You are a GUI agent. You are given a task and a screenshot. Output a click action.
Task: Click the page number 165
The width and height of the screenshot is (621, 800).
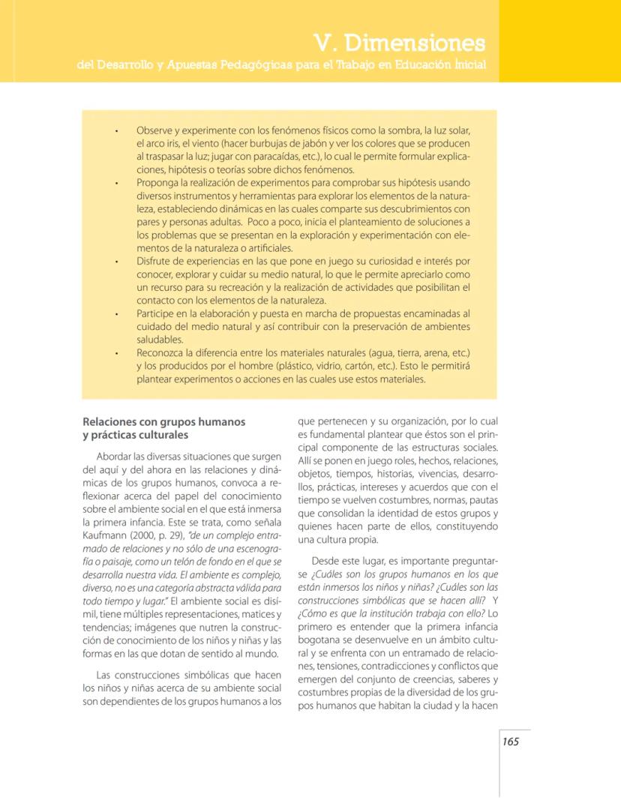[x=511, y=742]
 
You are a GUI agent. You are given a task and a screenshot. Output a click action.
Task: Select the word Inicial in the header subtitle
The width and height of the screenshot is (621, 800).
[x=465, y=65]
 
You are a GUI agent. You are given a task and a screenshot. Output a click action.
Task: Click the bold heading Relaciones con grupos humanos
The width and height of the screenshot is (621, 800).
[x=163, y=422]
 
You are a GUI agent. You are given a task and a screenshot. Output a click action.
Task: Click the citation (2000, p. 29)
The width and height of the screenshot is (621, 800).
[x=160, y=536]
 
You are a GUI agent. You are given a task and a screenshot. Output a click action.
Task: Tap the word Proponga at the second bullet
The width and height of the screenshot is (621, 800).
[x=159, y=183]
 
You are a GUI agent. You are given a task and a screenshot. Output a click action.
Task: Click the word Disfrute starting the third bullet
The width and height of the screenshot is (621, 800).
[x=155, y=262]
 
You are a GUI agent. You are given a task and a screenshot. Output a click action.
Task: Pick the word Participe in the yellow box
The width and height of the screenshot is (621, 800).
[x=157, y=313]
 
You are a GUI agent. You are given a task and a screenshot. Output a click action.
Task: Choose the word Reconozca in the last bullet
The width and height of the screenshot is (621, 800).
[x=162, y=353]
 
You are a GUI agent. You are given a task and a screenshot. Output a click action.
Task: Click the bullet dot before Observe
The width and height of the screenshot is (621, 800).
[x=117, y=130]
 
